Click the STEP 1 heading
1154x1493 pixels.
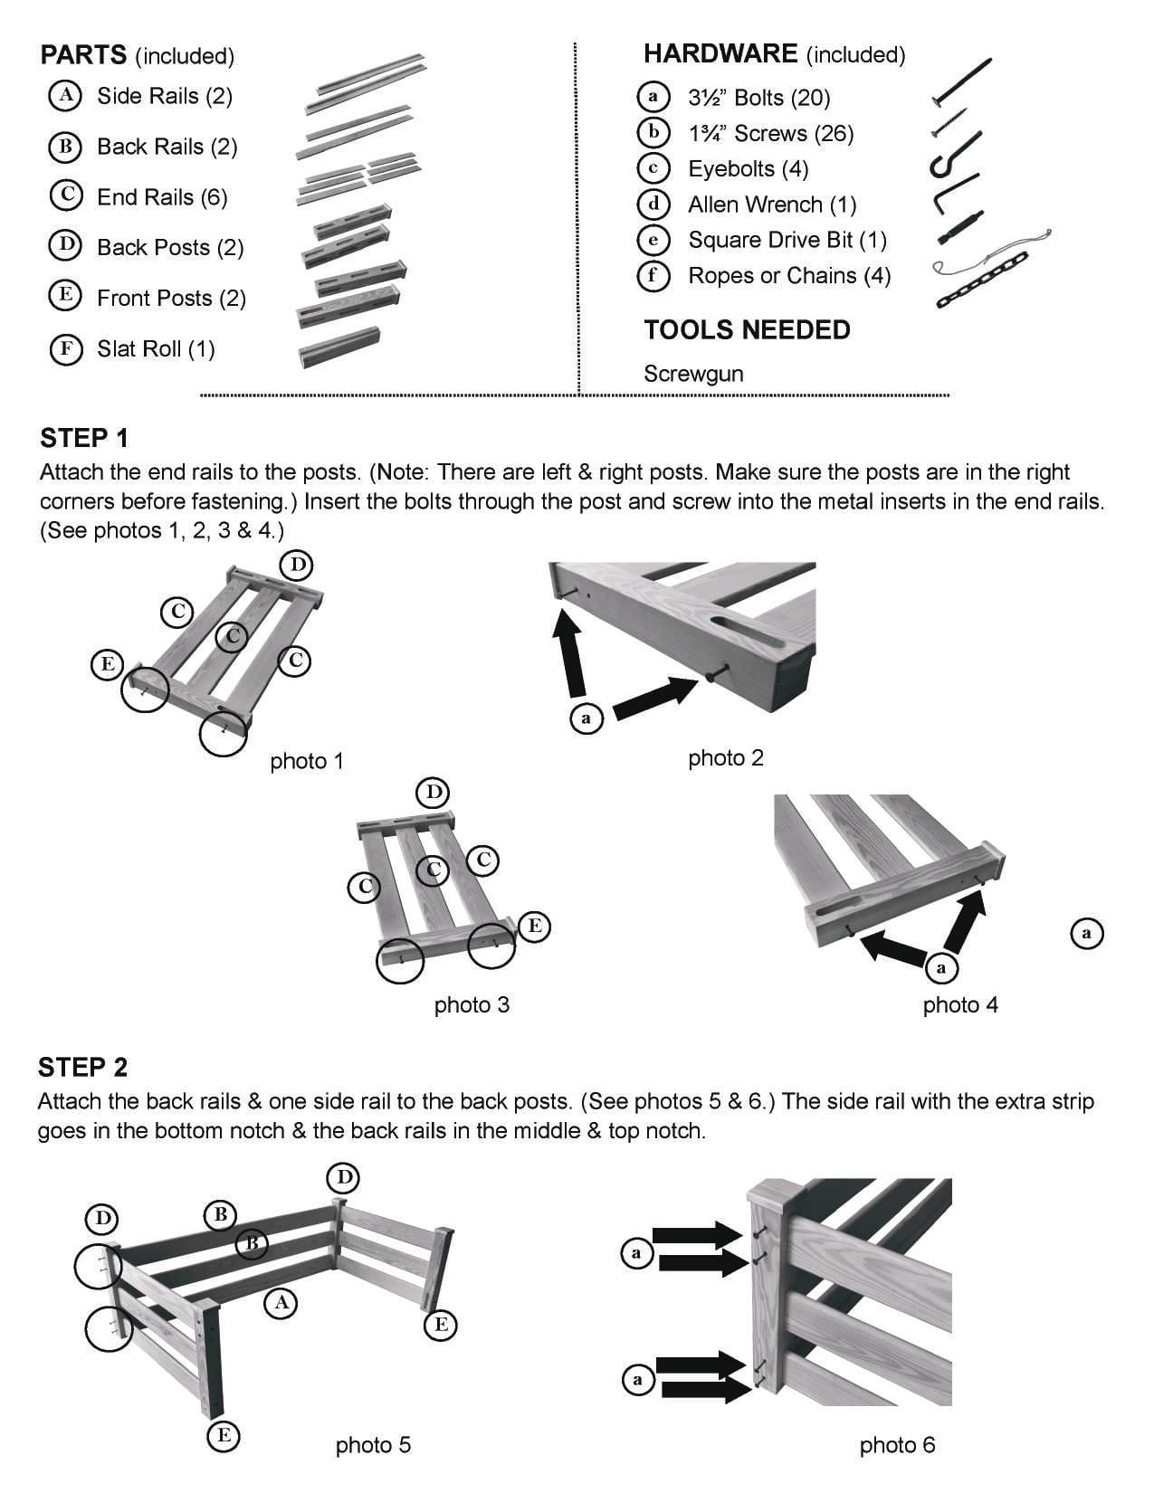point(84,438)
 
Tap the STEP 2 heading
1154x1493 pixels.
point(82,1067)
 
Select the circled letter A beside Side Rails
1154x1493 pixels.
point(65,95)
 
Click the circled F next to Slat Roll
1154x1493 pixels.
point(66,348)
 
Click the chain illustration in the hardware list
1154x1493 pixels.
point(982,281)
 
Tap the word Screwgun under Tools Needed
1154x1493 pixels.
point(692,374)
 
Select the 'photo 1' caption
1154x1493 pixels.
point(307,761)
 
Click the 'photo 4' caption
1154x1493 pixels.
point(960,1004)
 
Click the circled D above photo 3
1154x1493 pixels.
point(433,793)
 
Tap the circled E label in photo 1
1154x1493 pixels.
point(107,664)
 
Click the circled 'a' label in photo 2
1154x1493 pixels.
point(586,718)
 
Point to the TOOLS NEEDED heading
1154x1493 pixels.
point(747,329)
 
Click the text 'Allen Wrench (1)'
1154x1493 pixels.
point(772,204)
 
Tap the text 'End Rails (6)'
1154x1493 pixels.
point(161,197)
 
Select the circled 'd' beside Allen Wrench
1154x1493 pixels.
point(653,204)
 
